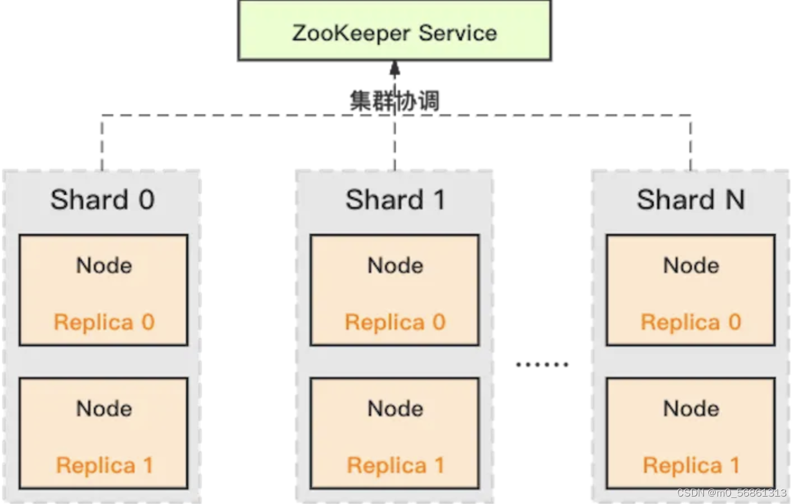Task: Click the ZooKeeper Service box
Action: pos(394,31)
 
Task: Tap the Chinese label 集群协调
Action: pos(394,100)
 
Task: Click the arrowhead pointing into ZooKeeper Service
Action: pos(394,67)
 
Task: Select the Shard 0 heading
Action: pos(102,200)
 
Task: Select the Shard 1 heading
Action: pos(395,200)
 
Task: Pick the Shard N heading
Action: pos(690,200)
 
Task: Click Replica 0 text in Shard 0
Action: pos(103,322)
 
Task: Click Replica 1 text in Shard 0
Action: pos(104,465)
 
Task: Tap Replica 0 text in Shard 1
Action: pos(395,322)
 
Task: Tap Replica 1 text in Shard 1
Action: pos(395,465)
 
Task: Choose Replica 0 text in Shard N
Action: pos(690,322)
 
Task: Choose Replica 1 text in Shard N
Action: pos(690,465)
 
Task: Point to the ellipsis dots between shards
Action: pos(542,365)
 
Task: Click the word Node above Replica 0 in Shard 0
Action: pos(104,265)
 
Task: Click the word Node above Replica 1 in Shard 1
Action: pos(395,408)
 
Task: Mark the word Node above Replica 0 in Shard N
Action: pos(690,265)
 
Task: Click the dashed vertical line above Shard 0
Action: pos(101,143)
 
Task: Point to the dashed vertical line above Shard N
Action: pos(690,143)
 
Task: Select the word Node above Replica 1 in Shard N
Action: pos(690,408)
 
